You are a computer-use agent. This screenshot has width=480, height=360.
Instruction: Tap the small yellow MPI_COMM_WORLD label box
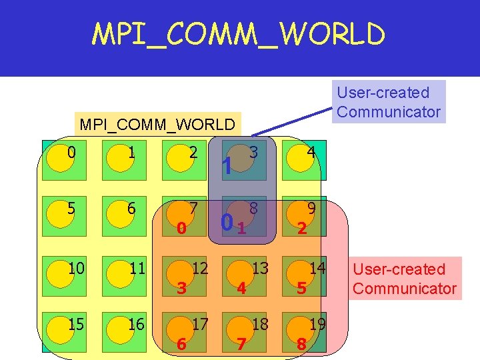(157, 124)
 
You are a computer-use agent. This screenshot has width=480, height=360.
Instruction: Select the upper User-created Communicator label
(389, 102)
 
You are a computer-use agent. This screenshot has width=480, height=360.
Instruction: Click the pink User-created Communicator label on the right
(405, 279)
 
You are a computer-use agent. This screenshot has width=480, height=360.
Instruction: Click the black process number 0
(71, 152)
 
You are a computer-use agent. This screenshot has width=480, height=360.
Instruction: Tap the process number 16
(136, 324)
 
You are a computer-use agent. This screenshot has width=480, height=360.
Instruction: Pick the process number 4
(311, 152)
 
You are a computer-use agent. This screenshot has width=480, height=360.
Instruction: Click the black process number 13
(260, 269)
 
